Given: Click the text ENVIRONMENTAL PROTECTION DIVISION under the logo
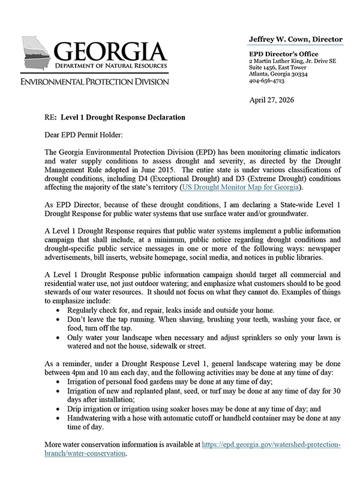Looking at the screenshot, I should click(95, 81).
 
